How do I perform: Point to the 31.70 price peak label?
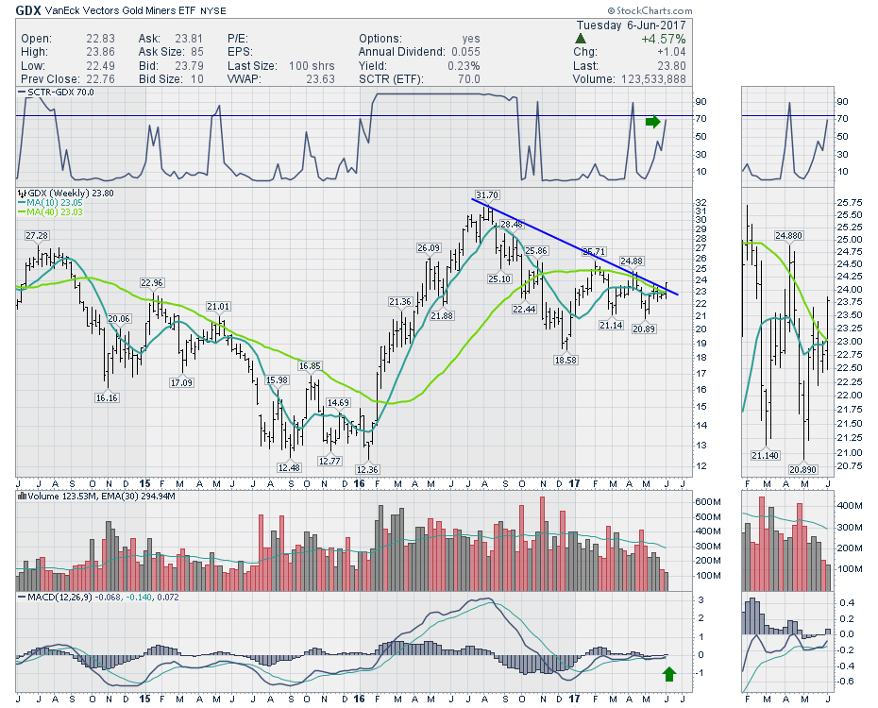pos(485,195)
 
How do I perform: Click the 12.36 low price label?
pos(367,470)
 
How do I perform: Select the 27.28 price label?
pos(37,235)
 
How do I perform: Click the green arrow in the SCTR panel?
pos(653,121)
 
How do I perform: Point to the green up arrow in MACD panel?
pos(669,673)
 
